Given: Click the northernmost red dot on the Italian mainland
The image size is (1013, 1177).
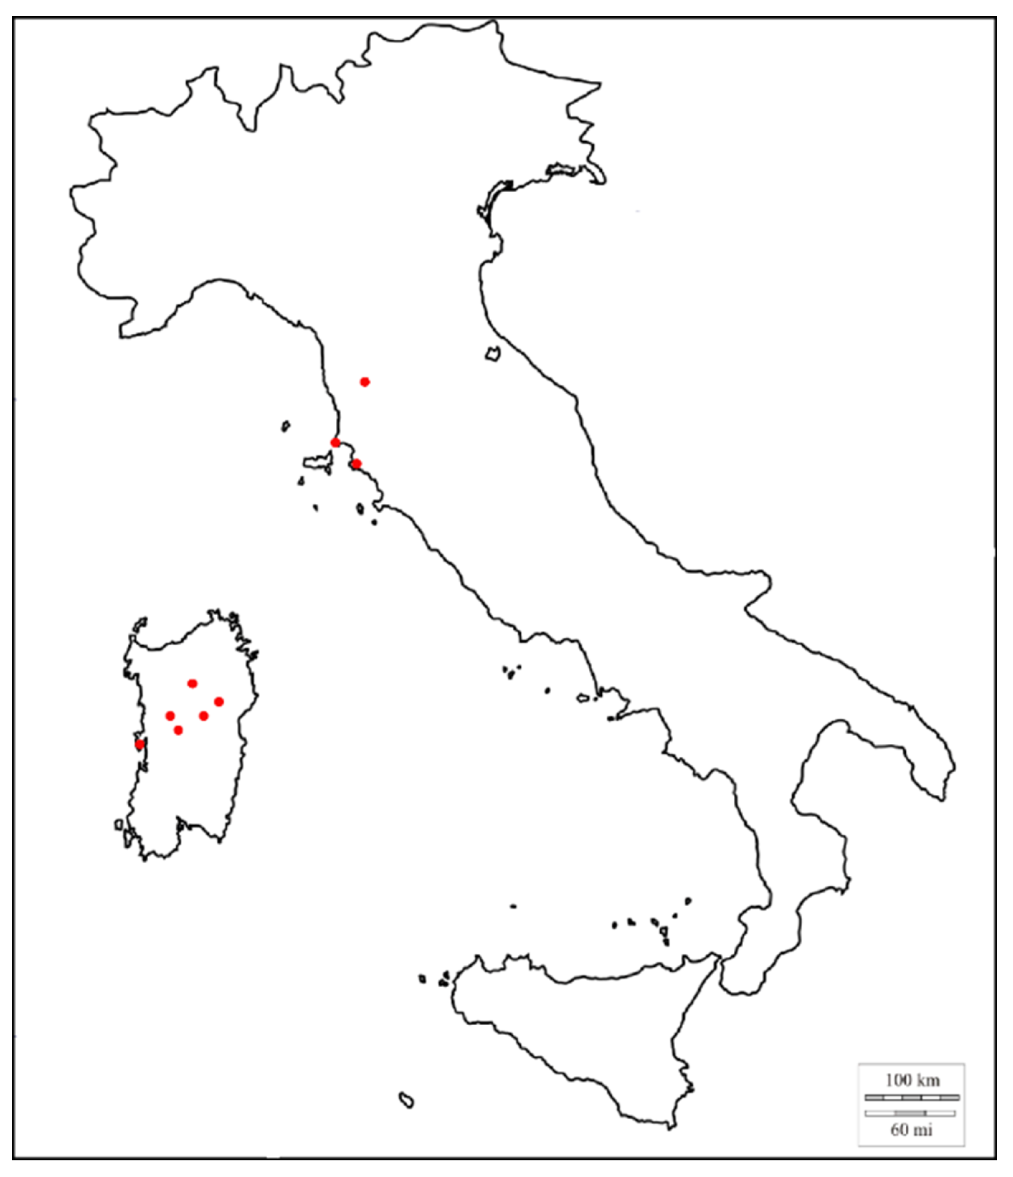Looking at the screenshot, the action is click(364, 382).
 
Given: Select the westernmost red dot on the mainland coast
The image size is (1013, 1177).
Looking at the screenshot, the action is click(335, 442).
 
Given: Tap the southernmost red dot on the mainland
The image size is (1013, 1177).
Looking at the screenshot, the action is click(356, 463).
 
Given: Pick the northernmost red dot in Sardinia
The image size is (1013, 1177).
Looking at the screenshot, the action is click(192, 683).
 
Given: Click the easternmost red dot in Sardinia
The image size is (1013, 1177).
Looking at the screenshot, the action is click(218, 701).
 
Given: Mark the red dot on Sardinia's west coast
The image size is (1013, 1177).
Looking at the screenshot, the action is click(139, 743).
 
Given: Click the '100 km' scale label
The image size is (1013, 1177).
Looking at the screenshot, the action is click(912, 1079).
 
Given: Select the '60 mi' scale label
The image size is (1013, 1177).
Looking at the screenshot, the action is click(911, 1130).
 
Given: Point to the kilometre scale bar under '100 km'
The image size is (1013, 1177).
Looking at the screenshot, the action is click(912, 1097).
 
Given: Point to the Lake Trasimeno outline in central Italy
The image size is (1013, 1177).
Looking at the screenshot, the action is click(493, 353).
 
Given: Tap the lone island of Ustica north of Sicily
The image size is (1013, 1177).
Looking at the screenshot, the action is click(513, 907).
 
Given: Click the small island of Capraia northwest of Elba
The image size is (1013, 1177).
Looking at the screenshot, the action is click(286, 425).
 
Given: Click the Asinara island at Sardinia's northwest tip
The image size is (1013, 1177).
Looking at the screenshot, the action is click(140, 624).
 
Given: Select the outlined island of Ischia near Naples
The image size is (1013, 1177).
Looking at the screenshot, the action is click(582, 698).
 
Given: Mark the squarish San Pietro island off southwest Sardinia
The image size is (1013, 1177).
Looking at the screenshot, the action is click(119, 825).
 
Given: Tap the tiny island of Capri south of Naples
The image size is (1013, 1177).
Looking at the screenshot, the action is click(611, 719).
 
